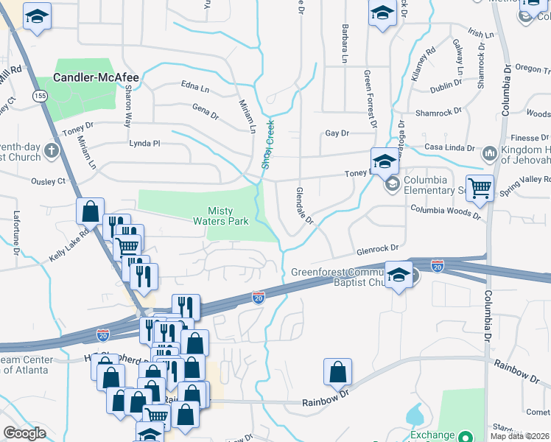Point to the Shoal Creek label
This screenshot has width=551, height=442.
coord(268,144)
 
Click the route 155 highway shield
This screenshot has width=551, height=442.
coord(40,96)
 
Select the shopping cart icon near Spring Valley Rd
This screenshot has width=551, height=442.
coord(480,188)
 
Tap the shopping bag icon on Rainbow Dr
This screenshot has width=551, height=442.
coord(337,373)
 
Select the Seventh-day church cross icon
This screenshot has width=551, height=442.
coord(51,151)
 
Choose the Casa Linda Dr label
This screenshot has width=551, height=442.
coord(439,144)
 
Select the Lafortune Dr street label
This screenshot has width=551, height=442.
coord(16,232)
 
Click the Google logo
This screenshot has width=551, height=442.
coord(24,433)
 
